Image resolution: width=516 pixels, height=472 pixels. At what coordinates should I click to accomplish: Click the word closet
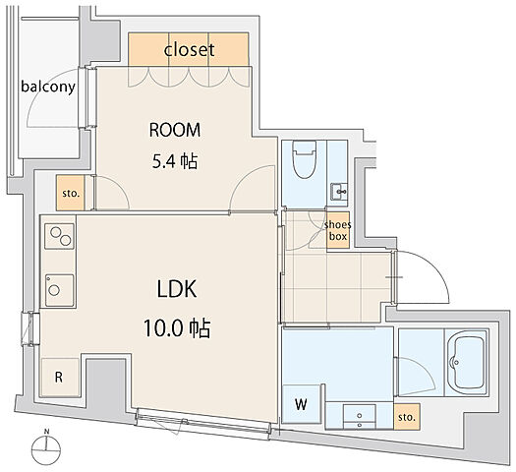[x=189, y=50]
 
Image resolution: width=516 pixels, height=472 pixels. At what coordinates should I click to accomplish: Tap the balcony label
[x=48, y=87]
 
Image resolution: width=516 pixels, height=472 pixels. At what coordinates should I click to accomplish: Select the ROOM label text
[x=175, y=130]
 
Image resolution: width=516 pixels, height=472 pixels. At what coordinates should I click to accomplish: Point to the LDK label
[x=177, y=289]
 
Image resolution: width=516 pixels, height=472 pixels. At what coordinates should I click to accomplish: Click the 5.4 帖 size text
[x=175, y=161]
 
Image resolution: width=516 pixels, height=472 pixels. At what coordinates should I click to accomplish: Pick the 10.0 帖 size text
[x=177, y=328]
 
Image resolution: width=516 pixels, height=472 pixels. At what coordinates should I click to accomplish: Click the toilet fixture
[x=305, y=159]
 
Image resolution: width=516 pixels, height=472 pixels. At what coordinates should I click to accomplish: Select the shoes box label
[x=338, y=230]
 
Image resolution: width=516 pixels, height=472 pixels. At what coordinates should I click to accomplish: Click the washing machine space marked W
[x=301, y=404]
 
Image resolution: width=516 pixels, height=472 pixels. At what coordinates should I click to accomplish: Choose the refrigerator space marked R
[x=59, y=377]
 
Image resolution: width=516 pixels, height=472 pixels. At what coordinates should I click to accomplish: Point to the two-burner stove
[x=59, y=236]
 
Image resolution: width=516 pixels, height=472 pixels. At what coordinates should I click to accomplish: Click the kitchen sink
[x=59, y=290]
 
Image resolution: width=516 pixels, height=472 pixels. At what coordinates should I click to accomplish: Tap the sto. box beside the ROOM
[x=71, y=193]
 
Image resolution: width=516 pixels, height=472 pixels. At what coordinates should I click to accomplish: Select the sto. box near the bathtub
[x=407, y=417]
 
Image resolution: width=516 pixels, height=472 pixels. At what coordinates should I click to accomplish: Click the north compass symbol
[x=46, y=446]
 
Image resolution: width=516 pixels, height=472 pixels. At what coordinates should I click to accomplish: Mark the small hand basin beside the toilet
[x=339, y=191]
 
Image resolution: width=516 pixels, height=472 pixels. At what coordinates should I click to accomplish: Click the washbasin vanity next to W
[x=359, y=416]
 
